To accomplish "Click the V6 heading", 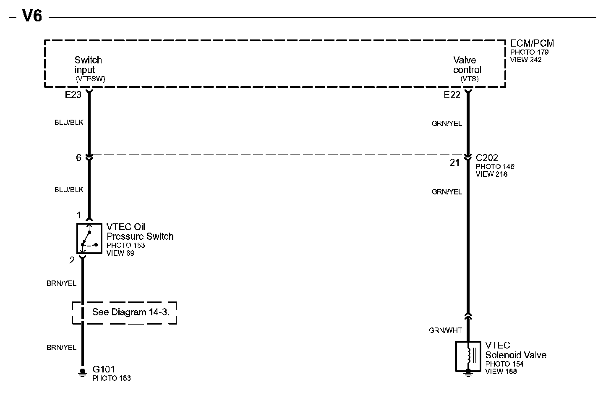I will tap(32, 16).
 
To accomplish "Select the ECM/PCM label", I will tap(532, 43).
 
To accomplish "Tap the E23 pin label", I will tap(73, 95).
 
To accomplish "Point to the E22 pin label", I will tap(452, 95).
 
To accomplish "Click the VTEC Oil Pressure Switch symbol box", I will tap(89, 238).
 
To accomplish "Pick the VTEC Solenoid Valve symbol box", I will tap(468, 356).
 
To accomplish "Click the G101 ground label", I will tap(104, 369).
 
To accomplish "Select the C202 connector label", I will tap(487, 157).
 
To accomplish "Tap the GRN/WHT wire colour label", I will tap(445, 330).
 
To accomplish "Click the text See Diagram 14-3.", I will tap(131, 312).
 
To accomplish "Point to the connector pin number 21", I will tap(455, 162).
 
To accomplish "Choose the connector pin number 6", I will tap(78, 157).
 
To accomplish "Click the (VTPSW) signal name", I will tap(90, 79).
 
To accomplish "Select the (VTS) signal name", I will tap(469, 79).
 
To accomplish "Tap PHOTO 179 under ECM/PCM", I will tap(529, 52).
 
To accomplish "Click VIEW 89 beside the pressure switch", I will tap(120, 253).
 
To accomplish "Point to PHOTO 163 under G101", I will tap(112, 378).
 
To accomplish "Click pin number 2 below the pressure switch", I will tap(72, 260).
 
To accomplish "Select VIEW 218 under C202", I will tap(491, 174).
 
